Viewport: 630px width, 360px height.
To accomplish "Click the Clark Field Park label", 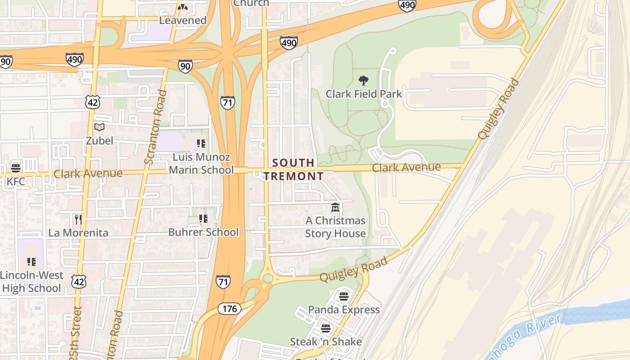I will (364, 94).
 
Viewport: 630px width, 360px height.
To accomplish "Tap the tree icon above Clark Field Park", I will (364, 81).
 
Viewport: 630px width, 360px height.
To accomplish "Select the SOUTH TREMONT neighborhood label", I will (293, 169).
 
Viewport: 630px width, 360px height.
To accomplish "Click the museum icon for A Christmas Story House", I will (335, 207).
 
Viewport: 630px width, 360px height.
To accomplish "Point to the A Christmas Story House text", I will (335, 227).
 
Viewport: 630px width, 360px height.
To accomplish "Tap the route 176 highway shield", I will (229, 309).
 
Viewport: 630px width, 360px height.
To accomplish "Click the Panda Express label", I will (344, 310).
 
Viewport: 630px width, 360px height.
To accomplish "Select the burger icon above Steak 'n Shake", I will (326, 328).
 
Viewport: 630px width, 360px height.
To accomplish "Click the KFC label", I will (16, 181).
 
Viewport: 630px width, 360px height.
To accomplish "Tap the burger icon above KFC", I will (16, 168).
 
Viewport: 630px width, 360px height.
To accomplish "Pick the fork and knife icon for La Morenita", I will (78, 219).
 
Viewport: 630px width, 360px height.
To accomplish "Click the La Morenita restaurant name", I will (78, 233).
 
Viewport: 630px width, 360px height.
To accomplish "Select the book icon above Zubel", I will (99, 127).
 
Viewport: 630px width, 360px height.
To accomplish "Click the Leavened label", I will (183, 20).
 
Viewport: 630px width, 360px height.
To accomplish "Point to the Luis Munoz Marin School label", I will (201, 163).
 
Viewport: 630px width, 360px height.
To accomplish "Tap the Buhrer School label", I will (203, 232).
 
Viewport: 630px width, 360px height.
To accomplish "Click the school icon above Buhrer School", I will (203, 219).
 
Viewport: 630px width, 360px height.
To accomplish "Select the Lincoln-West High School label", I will (31, 282).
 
